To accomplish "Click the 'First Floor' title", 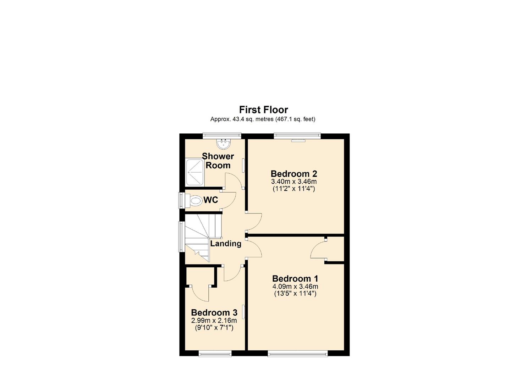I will click(x=263, y=110).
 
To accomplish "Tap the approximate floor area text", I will click(x=263, y=119).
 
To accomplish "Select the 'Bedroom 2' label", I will click(x=294, y=174).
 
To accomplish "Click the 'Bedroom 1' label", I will click(x=295, y=278).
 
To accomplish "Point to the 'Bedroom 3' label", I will click(x=214, y=312).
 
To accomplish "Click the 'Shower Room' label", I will click(x=218, y=161).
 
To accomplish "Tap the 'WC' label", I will click(x=210, y=200).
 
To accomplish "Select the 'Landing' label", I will click(x=226, y=244).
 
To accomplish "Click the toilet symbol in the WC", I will click(x=195, y=201).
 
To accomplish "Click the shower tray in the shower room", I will click(x=194, y=172).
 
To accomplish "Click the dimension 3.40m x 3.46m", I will click(x=294, y=182).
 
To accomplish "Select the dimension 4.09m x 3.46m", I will click(x=295, y=287).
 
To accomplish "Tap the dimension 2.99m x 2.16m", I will click(x=214, y=321).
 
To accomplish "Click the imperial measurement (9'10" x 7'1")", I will click(x=214, y=328).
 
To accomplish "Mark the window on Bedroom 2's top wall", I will click(x=297, y=136).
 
